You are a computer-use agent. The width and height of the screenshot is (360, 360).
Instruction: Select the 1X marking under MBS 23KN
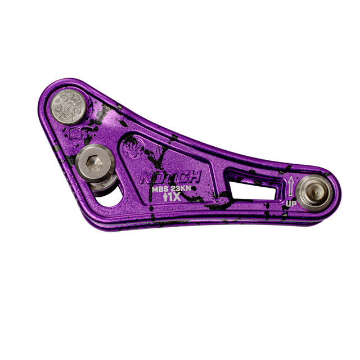[172, 198]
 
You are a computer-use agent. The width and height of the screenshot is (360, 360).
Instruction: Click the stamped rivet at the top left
[69, 106]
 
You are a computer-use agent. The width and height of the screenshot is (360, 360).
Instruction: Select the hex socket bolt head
[95, 163]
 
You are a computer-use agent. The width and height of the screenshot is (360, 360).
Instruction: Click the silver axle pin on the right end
[314, 191]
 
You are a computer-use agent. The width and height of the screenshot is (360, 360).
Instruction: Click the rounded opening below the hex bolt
[110, 196]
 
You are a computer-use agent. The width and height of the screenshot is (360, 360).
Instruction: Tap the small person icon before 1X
[165, 198]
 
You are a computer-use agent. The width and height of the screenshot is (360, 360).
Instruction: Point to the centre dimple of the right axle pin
[314, 191]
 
